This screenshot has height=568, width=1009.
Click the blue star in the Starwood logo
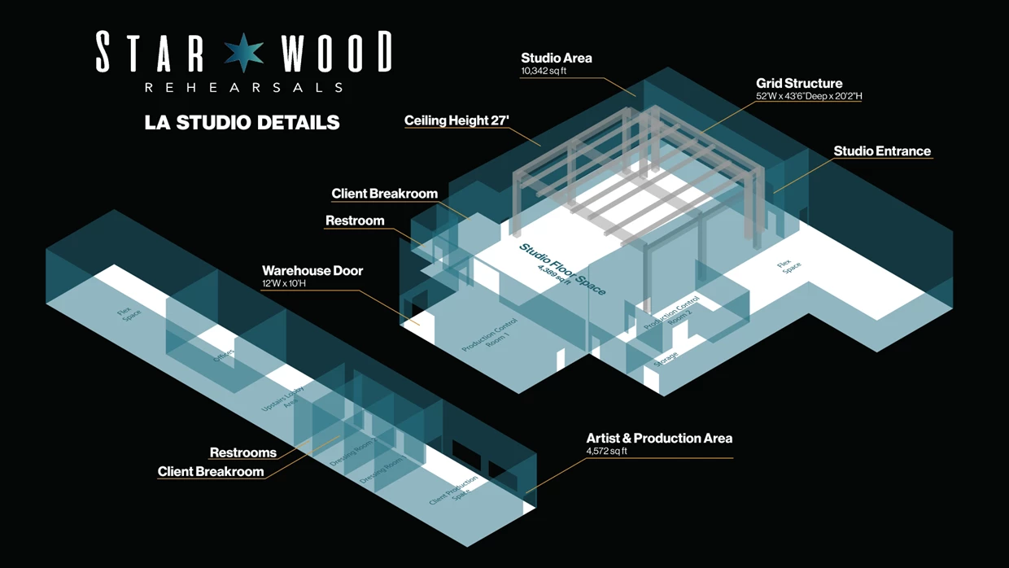pos(244,53)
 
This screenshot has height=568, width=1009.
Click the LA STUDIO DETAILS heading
pos(242,123)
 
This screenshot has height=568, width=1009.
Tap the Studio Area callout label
pos(557,58)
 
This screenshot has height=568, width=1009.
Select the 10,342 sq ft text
pos(544,71)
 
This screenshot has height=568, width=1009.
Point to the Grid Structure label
pos(799,83)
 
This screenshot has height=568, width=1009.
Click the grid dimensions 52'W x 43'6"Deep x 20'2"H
pos(809,96)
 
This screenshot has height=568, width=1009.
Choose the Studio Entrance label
pos(882,151)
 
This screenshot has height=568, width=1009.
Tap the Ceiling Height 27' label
pos(456,120)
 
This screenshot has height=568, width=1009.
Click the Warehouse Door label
pos(312,271)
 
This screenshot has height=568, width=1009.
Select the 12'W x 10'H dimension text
pos(284,283)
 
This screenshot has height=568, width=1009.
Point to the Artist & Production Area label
pos(659,438)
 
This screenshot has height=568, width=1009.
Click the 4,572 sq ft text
pos(607,451)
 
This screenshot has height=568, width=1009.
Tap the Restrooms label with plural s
pos(243,452)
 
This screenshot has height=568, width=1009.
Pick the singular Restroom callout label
pos(355,221)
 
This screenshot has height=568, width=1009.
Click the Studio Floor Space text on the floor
pos(563,269)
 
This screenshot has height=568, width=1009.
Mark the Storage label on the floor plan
pos(666,359)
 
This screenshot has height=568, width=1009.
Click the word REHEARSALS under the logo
pos(243,87)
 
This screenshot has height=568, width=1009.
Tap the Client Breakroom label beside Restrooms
pos(211,471)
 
